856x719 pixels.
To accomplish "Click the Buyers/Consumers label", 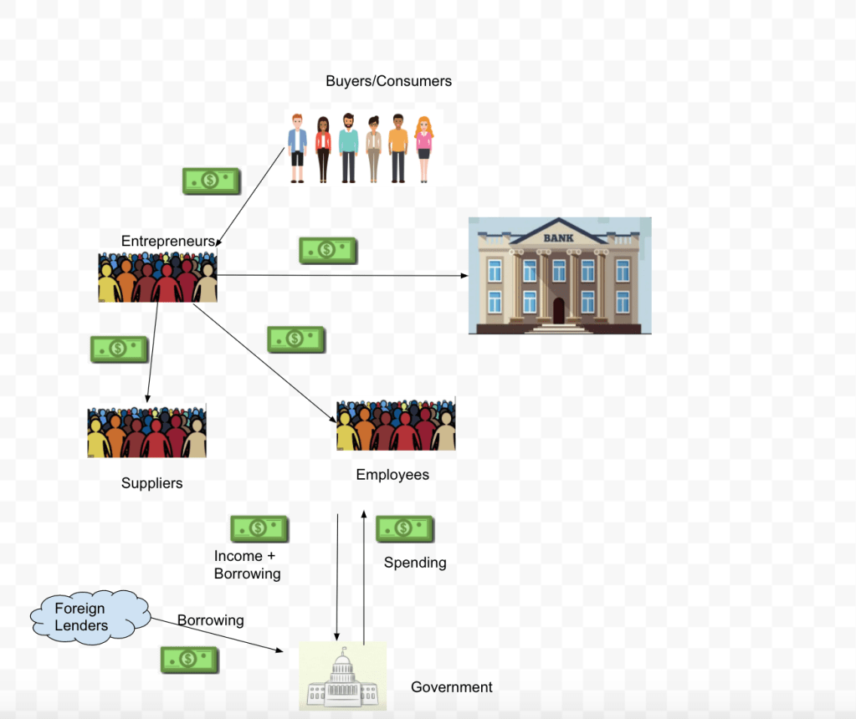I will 388,81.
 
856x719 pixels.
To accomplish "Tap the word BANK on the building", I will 560,238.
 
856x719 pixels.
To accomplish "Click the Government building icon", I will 343,677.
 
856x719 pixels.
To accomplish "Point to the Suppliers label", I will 151,483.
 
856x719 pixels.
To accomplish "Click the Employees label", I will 392,475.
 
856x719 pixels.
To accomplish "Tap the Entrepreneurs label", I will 167,241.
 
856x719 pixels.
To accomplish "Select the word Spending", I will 415,563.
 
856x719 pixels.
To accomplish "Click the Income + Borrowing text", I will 247,565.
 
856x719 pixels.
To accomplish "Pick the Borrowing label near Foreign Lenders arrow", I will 210,620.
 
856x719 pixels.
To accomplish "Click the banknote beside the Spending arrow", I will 405,528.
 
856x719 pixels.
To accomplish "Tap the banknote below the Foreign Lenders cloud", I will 190,660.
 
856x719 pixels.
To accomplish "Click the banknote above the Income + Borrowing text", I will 259,528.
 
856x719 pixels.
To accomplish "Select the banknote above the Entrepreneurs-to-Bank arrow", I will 328,250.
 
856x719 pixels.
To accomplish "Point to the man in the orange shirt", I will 397,147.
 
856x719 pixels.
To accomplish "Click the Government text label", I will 451,687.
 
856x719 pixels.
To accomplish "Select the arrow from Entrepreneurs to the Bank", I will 343,275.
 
